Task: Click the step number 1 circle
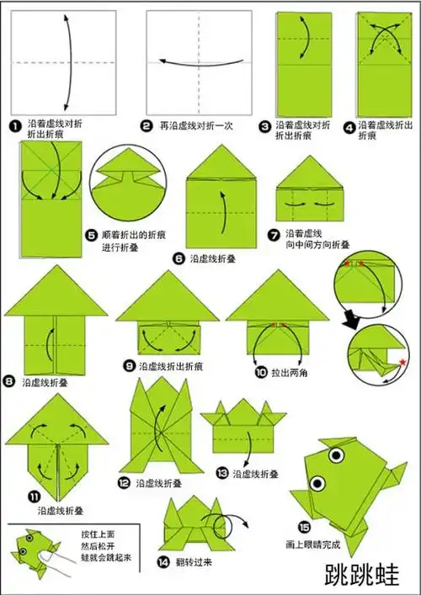14,125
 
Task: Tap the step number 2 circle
147,125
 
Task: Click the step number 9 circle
130,366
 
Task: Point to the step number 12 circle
125,483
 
